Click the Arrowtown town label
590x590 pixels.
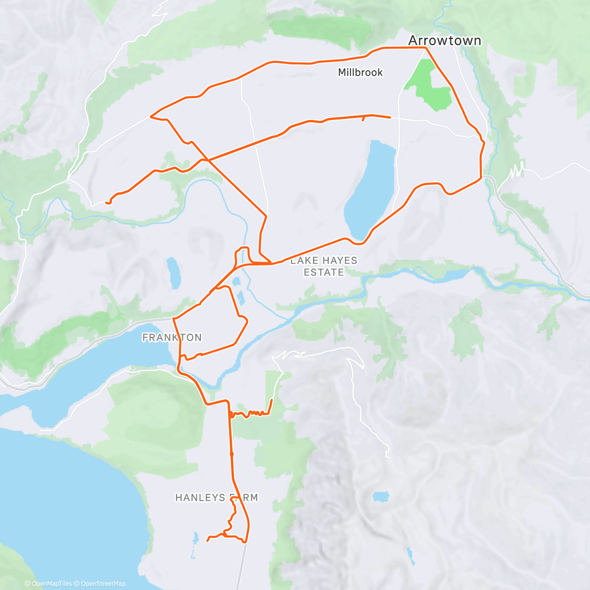tap(444, 40)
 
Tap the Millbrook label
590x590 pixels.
tap(360, 72)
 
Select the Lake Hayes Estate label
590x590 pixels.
tap(324, 266)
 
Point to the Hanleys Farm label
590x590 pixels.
tap(216, 498)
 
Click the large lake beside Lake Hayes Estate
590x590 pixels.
tap(371, 189)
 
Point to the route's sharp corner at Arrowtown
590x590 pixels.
tap(426, 48)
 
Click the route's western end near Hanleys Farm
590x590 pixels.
tap(207, 540)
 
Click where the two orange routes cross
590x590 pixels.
tap(208, 160)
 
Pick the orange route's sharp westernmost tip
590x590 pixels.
tap(150, 117)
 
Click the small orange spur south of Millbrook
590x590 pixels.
tap(363, 118)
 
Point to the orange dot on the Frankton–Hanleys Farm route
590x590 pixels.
tap(232, 454)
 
